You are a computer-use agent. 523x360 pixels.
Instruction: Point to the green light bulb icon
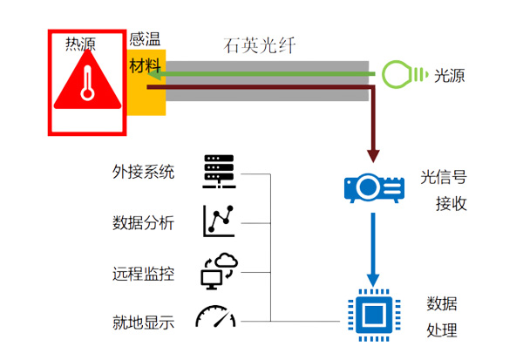400,73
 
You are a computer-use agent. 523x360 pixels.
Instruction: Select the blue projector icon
374,187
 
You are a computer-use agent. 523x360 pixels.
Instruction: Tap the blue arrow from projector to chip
374,248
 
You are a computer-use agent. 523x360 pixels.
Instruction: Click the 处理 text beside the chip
442,331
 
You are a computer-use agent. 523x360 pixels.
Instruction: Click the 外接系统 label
144,172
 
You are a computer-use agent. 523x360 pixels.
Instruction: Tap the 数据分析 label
144,222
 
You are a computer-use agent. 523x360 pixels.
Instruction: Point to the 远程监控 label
144,273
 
